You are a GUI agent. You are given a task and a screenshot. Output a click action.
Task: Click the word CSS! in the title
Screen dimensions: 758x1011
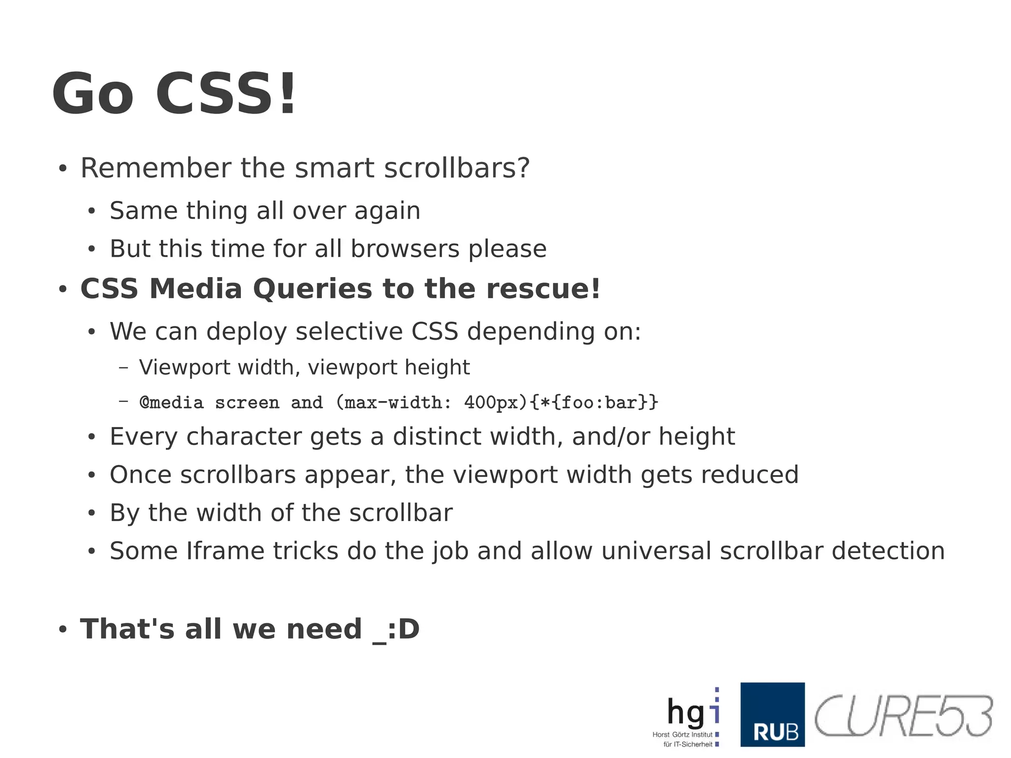pyautogui.click(x=226, y=94)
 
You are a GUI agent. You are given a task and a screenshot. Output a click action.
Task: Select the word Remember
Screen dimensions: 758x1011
pyautogui.click(x=156, y=168)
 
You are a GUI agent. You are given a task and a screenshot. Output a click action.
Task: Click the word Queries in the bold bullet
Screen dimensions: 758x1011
pyautogui.click(x=312, y=288)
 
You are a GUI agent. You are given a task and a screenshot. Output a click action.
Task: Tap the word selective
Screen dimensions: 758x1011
pyautogui.click(x=349, y=331)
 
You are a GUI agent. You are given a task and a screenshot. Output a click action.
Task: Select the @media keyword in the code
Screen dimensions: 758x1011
pyautogui.click(x=171, y=402)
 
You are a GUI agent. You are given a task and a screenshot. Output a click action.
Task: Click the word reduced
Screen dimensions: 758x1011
pyautogui.click(x=749, y=475)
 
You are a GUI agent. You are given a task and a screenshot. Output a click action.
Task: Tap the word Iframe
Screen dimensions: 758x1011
pyautogui.click(x=226, y=551)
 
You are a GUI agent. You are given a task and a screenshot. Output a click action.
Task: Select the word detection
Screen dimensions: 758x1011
pyautogui.click(x=888, y=551)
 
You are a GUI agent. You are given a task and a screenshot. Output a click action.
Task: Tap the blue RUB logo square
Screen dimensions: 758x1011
pyautogui.click(x=773, y=715)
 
